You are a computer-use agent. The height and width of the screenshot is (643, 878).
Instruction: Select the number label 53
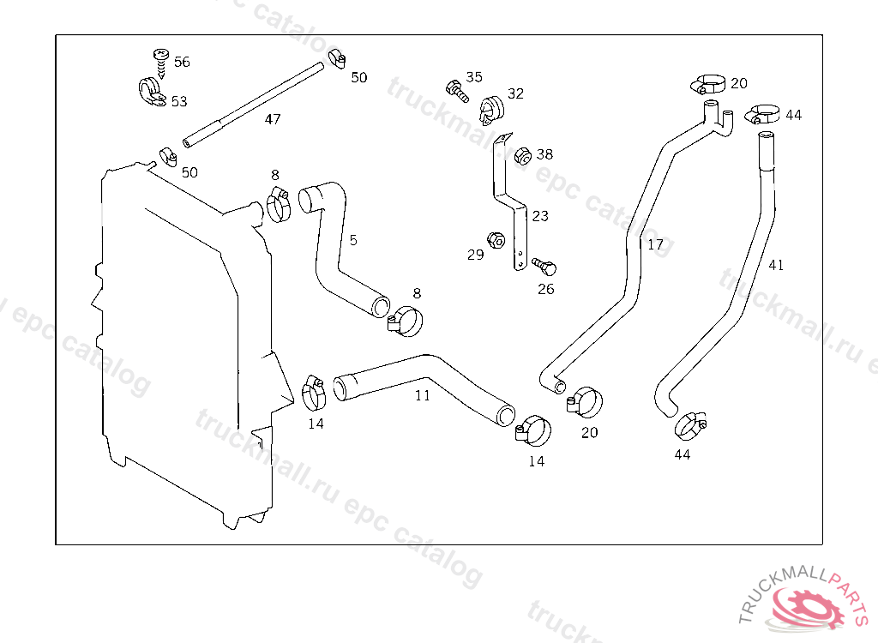pos(179,101)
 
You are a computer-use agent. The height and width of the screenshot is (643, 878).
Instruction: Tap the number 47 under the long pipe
pos(272,119)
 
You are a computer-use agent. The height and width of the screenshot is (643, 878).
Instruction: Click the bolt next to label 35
pos(455,87)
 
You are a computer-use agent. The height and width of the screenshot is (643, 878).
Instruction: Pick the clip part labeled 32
pos(490,107)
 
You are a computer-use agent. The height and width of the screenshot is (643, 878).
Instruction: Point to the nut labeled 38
pos(520,155)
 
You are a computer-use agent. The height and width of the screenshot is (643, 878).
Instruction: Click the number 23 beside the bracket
pos(539,216)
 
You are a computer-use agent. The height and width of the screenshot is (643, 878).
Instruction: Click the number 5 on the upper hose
pos(353,240)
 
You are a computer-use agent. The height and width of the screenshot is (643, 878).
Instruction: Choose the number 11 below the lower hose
pos(423,396)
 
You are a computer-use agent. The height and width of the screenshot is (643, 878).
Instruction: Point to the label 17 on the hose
pos(656,244)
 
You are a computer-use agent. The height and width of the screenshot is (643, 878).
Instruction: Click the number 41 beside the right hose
pos(776,266)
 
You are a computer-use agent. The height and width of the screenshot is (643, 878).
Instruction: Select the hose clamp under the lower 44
pos(690,424)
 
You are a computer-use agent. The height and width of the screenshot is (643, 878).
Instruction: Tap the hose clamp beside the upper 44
pos(761,114)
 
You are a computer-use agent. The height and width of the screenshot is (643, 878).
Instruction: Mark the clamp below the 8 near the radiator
pos(277,204)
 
